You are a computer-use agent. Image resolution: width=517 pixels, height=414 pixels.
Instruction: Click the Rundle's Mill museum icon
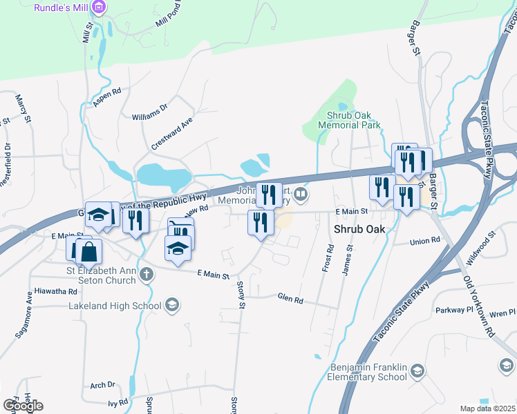pos(99,8)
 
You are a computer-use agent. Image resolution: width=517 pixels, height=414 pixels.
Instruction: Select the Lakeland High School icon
pos(172,305)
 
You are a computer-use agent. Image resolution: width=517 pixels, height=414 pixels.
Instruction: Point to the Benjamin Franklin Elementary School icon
pos(417,373)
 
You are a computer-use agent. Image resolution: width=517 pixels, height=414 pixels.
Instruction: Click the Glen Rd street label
pos(290,299)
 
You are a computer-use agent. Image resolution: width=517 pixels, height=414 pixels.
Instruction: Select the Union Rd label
pos(424,241)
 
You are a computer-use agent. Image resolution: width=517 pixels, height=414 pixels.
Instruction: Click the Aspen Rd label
pos(107,96)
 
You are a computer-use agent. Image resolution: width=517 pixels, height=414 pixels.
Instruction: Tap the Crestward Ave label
pos(171,133)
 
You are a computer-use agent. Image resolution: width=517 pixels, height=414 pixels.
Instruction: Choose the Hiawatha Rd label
pos(55,292)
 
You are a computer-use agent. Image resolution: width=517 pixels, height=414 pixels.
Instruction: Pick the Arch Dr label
pos(102,385)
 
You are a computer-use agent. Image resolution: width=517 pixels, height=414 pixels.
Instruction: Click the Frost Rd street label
pos(328,257)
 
